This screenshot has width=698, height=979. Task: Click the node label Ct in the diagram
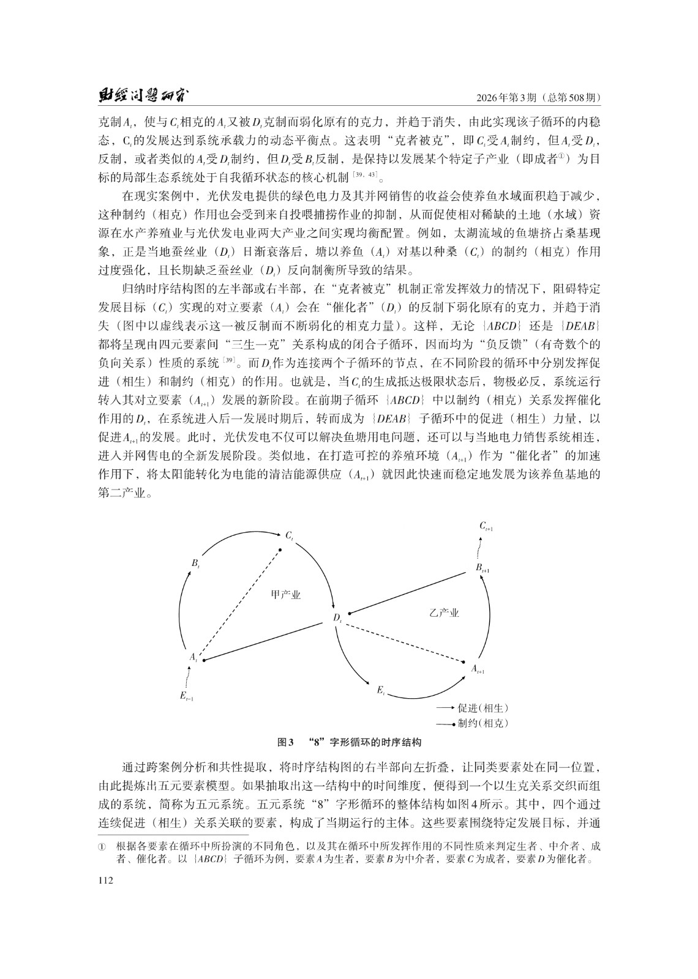coord(290,535)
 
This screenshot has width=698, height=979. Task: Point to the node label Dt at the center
coord(337,619)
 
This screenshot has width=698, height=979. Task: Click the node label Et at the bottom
coord(380,691)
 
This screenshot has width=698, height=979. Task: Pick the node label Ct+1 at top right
coord(486,526)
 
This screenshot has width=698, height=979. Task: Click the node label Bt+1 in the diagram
coord(482,568)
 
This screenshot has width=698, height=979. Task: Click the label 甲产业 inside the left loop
coord(286,595)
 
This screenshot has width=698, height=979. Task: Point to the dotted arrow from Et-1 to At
coord(187,676)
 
